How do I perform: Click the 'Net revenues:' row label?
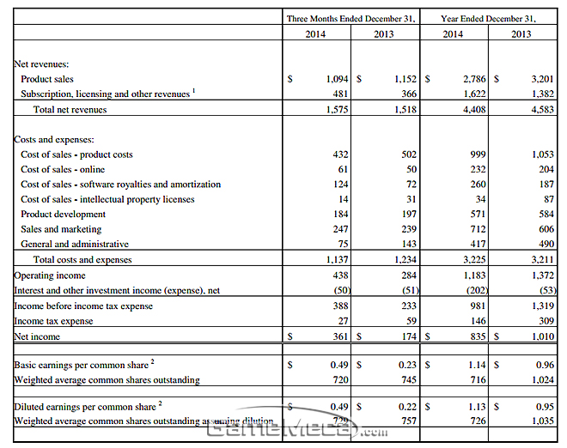click(x=42, y=64)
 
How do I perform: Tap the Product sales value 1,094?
click(x=336, y=79)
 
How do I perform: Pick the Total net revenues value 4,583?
click(x=542, y=109)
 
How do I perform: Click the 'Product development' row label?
click(x=63, y=214)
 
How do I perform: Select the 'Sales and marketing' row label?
click(x=61, y=229)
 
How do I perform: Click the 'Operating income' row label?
click(x=50, y=275)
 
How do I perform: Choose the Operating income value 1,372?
click(x=542, y=275)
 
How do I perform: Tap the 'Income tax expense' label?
click(x=53, y=321)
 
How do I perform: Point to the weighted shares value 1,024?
click(x=542, y=379)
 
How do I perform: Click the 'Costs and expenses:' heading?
click(x=54, y=139)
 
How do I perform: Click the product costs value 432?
click(x=339, y=154)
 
